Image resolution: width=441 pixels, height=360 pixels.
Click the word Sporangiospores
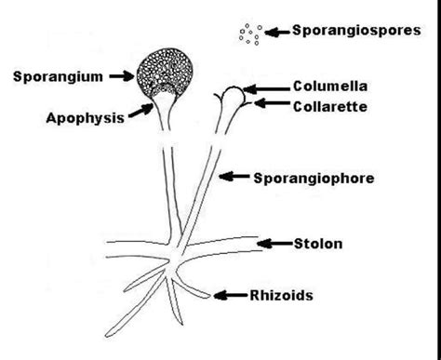point(354,32)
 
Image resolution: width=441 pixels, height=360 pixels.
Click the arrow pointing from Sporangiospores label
point(276,33)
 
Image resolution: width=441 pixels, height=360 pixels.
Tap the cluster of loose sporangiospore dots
point(249,34)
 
